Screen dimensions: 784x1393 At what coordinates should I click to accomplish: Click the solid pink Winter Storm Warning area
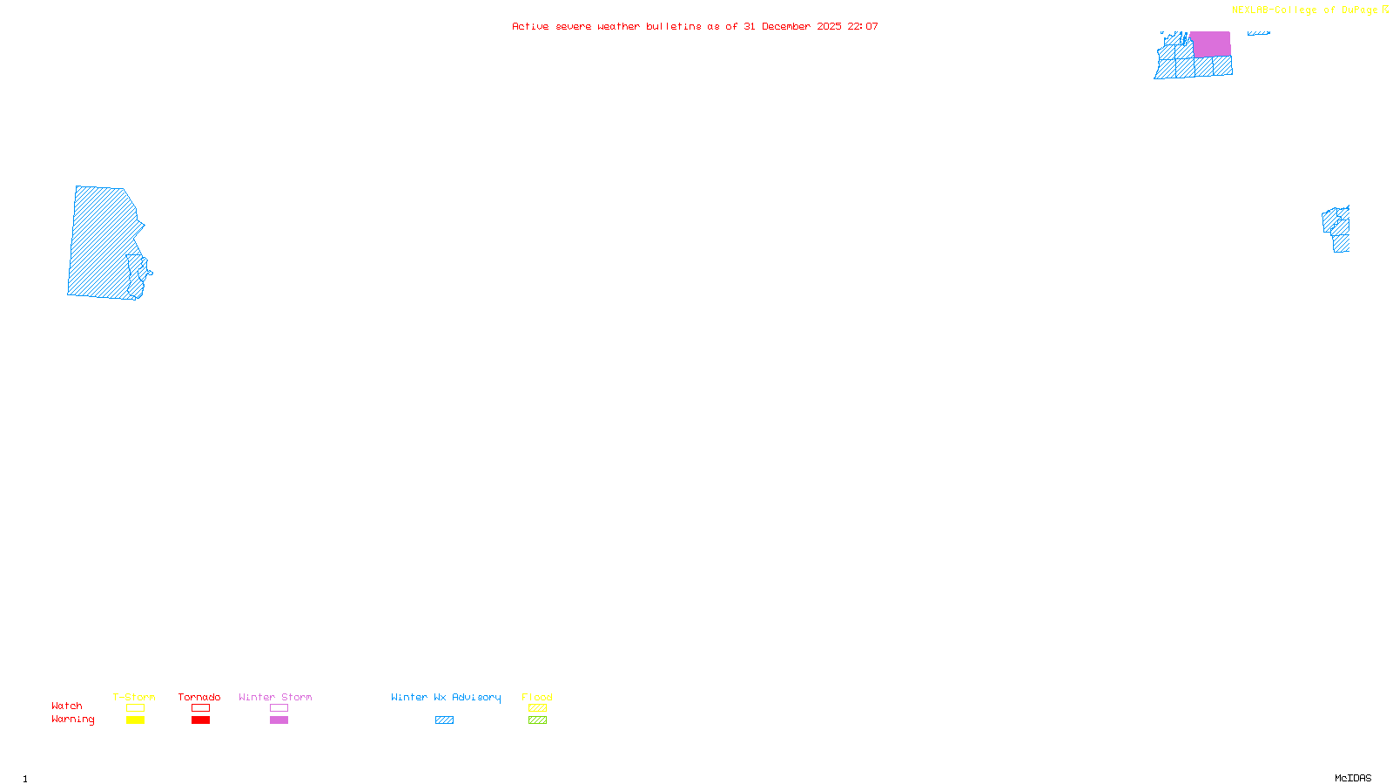[x=1210, y=44]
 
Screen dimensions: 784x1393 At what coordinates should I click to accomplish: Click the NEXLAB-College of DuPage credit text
[x=1304, y=10]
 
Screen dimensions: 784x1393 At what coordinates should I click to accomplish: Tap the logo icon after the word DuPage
[x=1385, y=10]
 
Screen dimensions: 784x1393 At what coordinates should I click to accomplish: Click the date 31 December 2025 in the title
[x=792, y=26]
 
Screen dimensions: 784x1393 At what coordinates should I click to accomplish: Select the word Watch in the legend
[x=67, y=706]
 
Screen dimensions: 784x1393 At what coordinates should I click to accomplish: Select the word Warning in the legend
[x=73, y=720]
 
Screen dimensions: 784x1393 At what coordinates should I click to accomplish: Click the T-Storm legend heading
[x=134, y=697]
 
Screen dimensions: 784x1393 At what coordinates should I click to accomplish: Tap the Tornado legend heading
[x=199, y=697]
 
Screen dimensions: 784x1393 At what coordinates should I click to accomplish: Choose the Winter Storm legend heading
[x=275, y=697]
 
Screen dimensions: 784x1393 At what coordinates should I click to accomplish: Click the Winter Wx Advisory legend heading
[x=446, y=697]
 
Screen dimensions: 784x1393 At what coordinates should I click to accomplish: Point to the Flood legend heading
[x=537, y=697]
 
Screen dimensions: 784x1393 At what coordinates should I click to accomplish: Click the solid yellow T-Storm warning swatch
[x=135, y=720]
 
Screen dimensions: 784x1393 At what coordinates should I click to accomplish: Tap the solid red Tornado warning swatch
[x=200, y=720]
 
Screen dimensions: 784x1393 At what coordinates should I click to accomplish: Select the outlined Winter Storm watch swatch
[x=279, y=708]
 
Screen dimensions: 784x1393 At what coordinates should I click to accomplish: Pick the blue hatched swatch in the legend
[x=444, y=720]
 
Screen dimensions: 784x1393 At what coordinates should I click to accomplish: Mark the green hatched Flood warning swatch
[x=537, y=720]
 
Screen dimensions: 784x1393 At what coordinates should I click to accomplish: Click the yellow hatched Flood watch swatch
[x=537, y=708]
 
